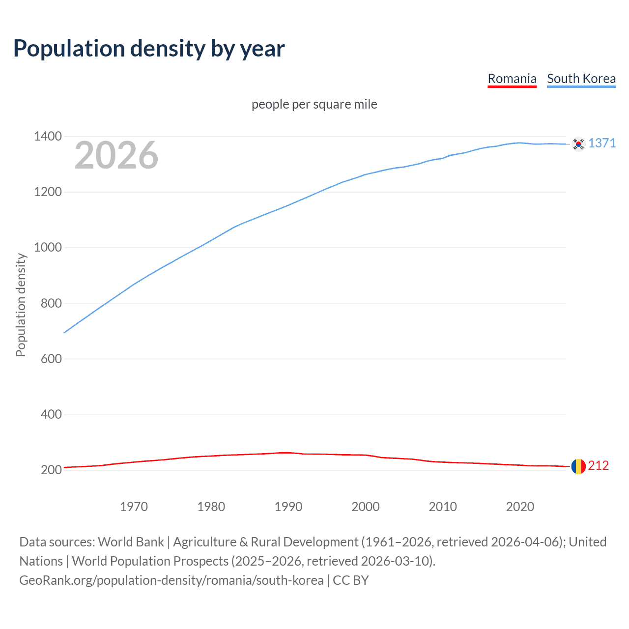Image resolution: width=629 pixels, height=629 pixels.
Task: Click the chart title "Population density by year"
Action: tap(149, 49)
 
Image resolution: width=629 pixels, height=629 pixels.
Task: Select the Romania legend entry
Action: tap(512, 79)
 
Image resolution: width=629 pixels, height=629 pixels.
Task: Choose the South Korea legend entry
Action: tap(581, 79)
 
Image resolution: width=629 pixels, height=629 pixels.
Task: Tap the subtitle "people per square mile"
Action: tap(314, 104)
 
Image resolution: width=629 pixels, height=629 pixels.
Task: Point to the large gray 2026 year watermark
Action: tap(116, 155)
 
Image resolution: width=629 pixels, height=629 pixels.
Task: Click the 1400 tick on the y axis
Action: tap(48, 136)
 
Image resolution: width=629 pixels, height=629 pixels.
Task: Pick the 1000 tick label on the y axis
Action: tap(48, 248)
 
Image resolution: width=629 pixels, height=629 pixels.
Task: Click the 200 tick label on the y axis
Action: tap(51, 470)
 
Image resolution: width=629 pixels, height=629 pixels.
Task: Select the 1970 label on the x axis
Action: tap(134, 507)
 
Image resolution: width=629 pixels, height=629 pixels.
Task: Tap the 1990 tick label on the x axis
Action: tap(288, 507)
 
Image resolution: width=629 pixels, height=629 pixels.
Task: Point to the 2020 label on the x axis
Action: tap(520, 507)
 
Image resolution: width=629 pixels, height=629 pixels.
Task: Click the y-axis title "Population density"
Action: tap(21, 305)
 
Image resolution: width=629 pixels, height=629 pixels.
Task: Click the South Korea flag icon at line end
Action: tap(578, 144)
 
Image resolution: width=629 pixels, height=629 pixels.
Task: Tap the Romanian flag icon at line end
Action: tap(578, 466)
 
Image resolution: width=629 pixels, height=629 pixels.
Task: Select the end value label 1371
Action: tap(602, 143)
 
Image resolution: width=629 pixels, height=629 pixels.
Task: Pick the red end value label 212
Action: tap(599, 466)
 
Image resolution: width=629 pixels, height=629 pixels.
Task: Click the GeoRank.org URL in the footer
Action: tap(171, 580)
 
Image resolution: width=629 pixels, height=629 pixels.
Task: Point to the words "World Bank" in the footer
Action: tap(131, 542)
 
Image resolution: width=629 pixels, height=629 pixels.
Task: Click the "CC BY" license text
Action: tap(351, 580)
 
